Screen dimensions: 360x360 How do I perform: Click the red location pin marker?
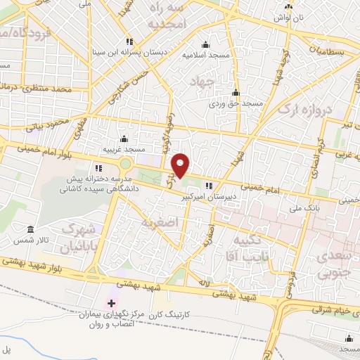(x=181, y=165)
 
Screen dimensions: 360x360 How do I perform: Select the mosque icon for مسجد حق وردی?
(x=236, y=93)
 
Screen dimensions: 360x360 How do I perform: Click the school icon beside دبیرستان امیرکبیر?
(x=208, y=186)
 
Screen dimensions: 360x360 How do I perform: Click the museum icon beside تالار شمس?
(x=31, y=230)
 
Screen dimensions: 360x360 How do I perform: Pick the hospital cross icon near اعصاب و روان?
(x=112, y=303)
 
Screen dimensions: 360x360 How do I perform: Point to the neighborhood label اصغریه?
(x=157, y=223)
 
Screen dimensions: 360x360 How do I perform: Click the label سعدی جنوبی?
(x=336, y=259)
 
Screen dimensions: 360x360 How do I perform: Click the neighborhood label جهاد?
(x=201, y=83)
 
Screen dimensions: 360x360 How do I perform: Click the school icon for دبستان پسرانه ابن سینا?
(x=129, y=40)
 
